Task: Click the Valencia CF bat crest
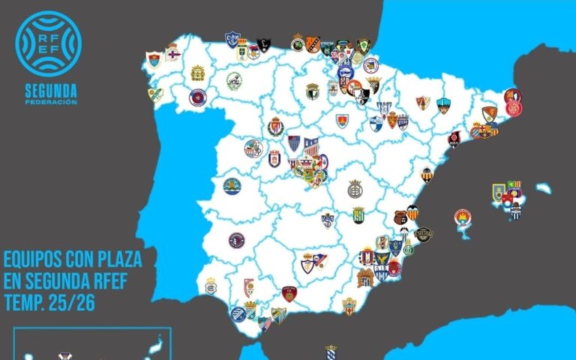tap(412, 212)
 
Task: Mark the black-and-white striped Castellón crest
tap(427, 174)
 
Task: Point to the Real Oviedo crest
tap(242, 52)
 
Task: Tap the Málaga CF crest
tap(279, 313)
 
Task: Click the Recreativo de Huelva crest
tap(211, 286)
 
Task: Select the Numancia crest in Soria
tap(342, 120)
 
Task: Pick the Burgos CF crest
tap(313, 91)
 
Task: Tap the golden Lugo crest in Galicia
tap(197, 73)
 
